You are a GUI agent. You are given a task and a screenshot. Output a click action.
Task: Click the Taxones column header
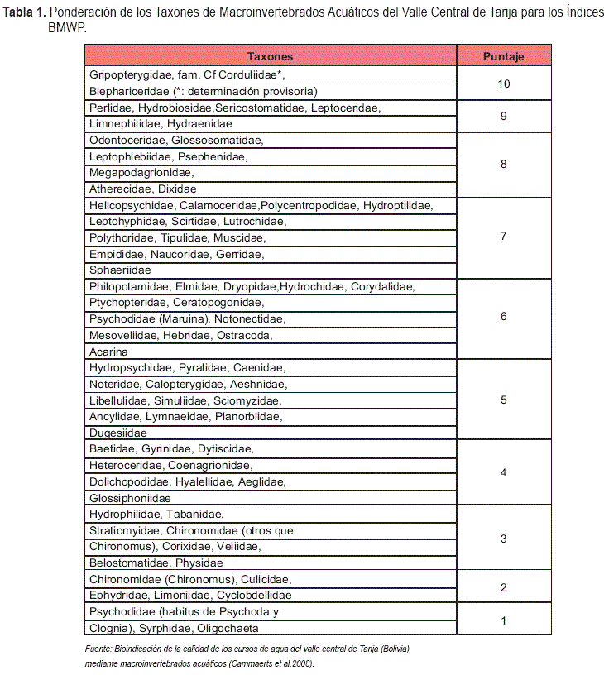pos(270,57)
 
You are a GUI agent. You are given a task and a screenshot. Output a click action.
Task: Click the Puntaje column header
pos(503,57)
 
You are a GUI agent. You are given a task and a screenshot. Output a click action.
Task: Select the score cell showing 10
pos(503,84)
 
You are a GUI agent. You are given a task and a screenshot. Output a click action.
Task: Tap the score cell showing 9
pos(503,116)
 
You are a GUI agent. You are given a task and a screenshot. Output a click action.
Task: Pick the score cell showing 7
pos(503,237)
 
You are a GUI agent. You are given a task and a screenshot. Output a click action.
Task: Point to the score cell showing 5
pos(503,400)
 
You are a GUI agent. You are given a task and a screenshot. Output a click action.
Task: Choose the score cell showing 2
pos(503,587)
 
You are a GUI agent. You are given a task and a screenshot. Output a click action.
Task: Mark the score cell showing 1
pos(503,620)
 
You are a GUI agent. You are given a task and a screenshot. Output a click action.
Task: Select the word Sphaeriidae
pos(120,270)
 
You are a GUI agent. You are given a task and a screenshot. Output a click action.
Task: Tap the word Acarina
pos(108,352)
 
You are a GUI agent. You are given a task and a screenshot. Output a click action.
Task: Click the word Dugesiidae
pos(117,433)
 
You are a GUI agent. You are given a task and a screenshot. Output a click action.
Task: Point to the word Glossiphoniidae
pos(130,498)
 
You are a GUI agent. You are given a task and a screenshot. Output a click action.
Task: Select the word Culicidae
pos(264,579)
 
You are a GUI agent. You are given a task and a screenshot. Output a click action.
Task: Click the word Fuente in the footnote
pos(99,649)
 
